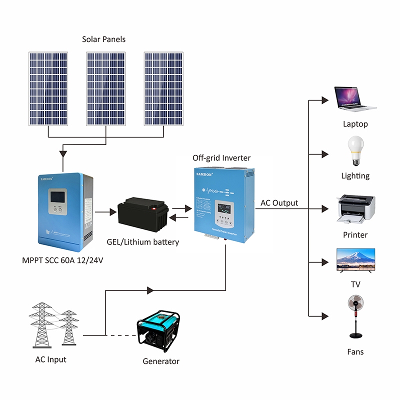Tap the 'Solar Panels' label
(x=104, y=39)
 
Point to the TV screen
(x=355, y=258)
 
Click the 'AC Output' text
(x=279, y=203)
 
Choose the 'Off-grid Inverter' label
(x=221, y=158)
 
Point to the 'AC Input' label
(x=50, y=359)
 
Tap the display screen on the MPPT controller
(x=56, y=196)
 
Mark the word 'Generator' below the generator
(x=161, y=361)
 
